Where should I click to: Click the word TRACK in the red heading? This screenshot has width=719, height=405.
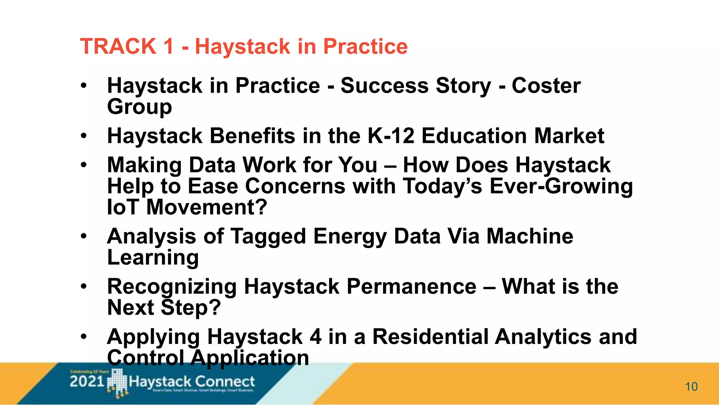[118, 46]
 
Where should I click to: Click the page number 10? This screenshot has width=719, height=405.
[691, 387]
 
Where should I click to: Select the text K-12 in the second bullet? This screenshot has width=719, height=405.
[391, 136]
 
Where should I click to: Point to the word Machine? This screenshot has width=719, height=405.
[529, 236]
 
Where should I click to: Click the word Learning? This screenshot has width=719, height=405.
[153, 257]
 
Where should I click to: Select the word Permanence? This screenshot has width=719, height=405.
[411, 286]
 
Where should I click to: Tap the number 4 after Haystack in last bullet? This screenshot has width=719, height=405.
[315, 337]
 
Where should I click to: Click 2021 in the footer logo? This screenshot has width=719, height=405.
[87, 381]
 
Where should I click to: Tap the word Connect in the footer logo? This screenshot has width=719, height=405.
[225, 381]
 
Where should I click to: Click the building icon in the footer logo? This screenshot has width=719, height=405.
[117, 383]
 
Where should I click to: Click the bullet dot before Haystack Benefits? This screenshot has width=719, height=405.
[83, 136]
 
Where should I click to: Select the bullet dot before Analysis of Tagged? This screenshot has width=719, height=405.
[83, 236]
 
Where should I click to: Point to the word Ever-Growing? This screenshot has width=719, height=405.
[561, 186]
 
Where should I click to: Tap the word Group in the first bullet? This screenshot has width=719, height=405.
[139, 107]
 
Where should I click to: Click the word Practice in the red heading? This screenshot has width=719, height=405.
[365, 46]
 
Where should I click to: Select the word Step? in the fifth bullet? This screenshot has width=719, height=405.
[191, 308]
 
